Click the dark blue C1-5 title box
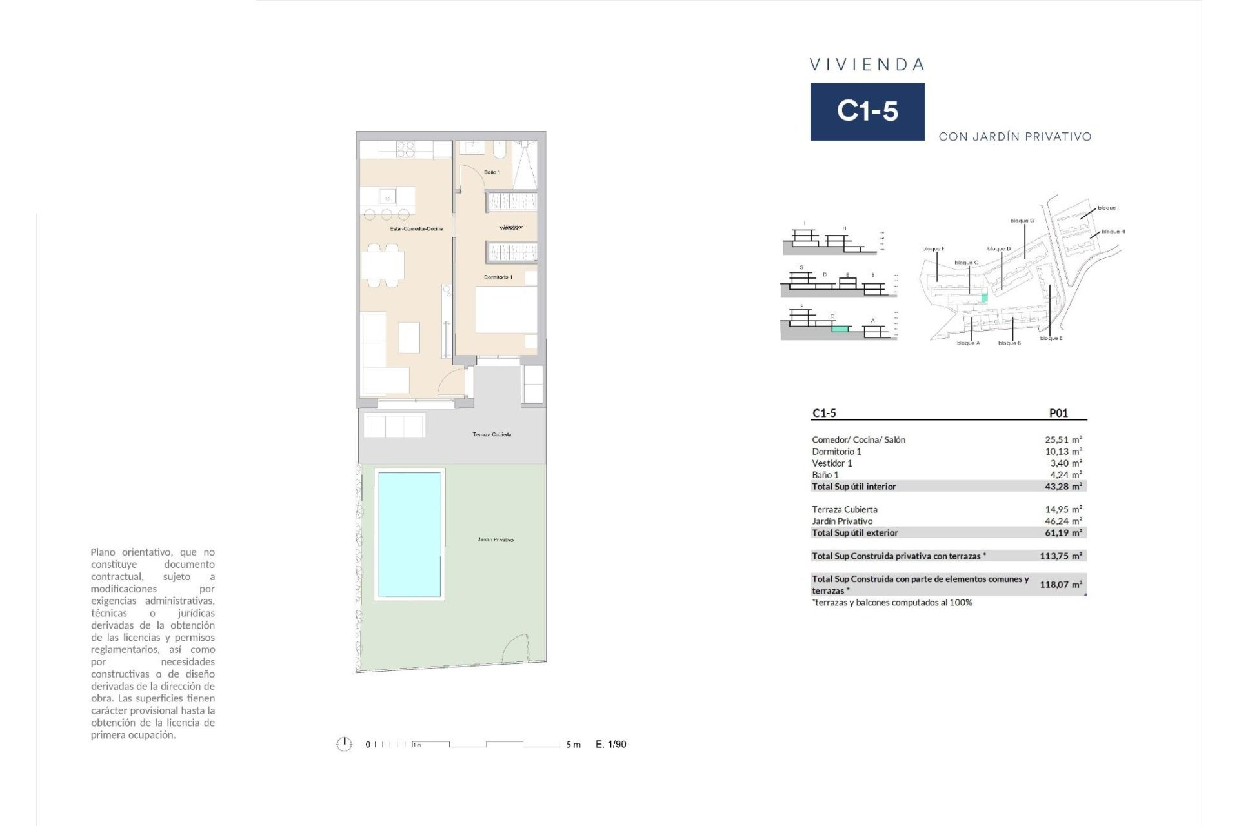[867, 111]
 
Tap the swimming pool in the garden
[410, 534]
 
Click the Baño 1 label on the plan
[492, 172]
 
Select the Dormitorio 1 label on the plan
[498, 277]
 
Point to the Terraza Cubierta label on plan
[492, 434]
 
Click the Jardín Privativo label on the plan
[495, 539]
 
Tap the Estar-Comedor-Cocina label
[416, 228]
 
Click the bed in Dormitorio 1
[505, 310]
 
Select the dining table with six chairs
[383, 265]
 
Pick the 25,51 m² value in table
[1063, 439]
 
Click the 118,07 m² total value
[1060, 584]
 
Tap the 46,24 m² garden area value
[1063, 521]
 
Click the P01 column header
[1058, 413]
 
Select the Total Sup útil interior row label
[853, 486]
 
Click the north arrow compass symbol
[344, 744]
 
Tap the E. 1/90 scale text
[610, 744]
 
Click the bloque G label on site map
[1022, 221]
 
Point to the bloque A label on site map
[968, 343]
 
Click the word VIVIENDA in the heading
[867, 65]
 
